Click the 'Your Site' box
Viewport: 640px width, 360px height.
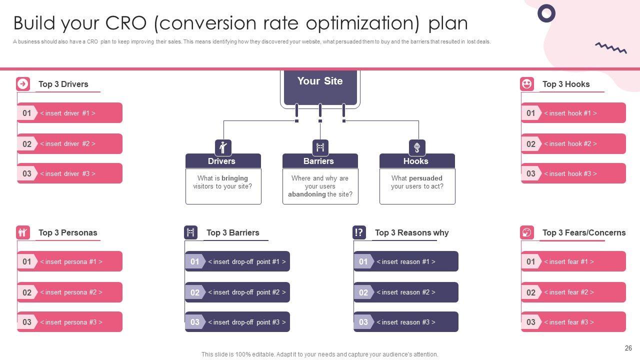(320, 87)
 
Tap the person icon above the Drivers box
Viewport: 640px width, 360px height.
(223, 147)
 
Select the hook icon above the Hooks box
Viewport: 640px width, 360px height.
(417, 147)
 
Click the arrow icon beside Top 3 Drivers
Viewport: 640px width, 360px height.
(23, 84)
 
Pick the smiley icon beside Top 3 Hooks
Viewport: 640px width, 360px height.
(527, 84)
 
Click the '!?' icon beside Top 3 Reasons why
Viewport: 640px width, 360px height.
(359, 232)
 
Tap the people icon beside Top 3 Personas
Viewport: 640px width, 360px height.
(23, 232)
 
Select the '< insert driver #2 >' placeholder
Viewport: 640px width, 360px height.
(67, 143)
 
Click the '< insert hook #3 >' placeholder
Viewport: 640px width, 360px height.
(570, 173)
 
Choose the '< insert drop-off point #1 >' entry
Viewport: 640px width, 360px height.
(247, 261)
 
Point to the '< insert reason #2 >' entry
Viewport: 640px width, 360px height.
(406, 292)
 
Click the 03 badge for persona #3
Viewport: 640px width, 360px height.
(27, 322)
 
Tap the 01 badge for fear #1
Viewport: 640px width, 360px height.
(531, 261)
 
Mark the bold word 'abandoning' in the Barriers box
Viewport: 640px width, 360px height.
(307, 194)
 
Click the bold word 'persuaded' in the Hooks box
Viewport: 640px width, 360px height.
(425, 178)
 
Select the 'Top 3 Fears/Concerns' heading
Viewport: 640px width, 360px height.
(584, 232)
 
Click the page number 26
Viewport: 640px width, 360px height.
(628, 348)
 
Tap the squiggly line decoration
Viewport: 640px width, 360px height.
(611, 48)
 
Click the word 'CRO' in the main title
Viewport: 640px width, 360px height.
(125, 23)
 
